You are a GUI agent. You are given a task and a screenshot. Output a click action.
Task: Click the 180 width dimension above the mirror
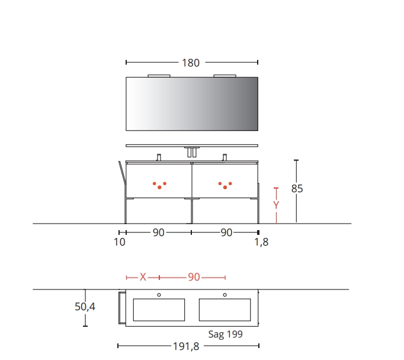click(x=191, y=63)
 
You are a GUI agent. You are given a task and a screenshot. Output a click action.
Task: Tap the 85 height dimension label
click(x=297, y=189)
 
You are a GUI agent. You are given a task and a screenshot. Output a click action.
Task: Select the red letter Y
click(x=276, y=205)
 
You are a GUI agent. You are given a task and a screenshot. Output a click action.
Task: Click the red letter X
click(x=143, y=277)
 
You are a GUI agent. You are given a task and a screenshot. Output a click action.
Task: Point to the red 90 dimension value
click(x=194, y=277)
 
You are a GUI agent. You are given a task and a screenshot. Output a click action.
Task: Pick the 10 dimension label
click(x=120, y=242)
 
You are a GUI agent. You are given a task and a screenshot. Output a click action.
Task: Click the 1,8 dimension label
click(x=261, y=242)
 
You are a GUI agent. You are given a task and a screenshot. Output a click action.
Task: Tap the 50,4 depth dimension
click(x=85, y=307)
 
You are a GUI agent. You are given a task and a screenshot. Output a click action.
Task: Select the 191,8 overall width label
click(x=186, y=346)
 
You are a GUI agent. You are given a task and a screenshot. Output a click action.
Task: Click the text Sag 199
click(x=226, y=334)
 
